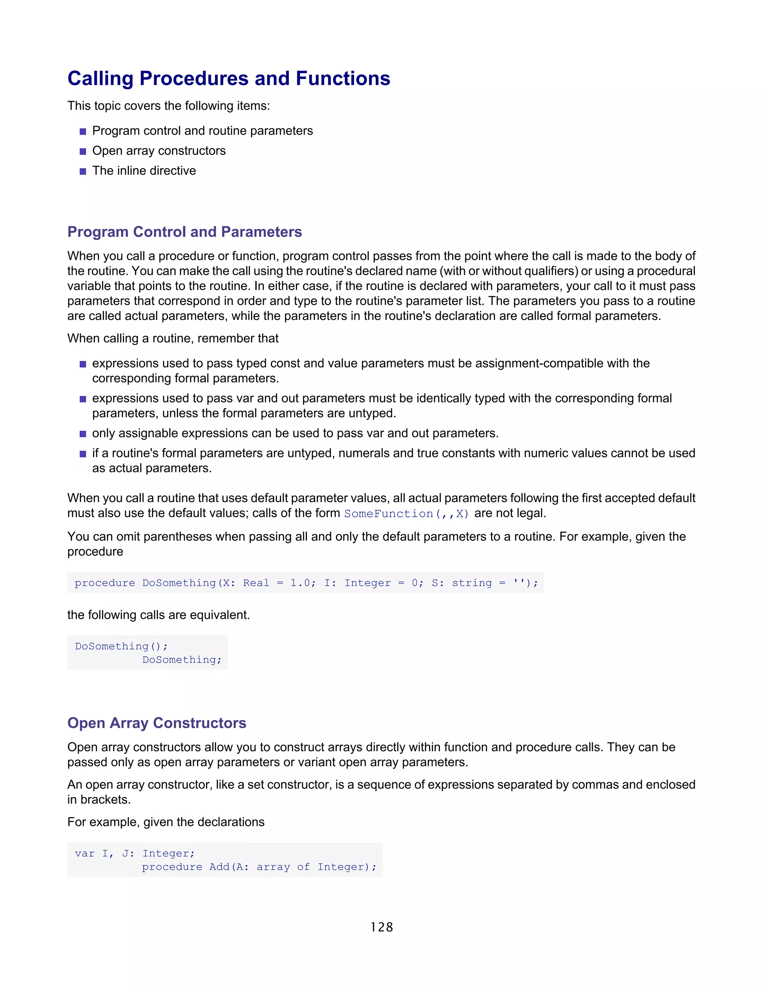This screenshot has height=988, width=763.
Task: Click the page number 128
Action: [x=381, y=927]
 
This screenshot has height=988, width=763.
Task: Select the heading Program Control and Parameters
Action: [x=184, y=232]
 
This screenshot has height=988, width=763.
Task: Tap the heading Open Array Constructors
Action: [x=156, y=723]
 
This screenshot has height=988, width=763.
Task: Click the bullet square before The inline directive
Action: [x=83, y=172]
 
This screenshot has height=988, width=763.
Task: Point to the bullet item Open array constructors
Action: [x=159, y=151]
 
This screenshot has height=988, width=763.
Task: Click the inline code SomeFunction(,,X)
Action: [x=406, y=513]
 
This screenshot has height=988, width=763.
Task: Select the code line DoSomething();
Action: [x=121, y=646]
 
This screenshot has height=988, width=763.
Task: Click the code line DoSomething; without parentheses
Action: [x=182, y=660]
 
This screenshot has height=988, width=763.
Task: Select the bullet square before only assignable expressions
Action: [x=83, y=434]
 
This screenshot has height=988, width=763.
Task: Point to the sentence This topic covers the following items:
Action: [x=169, y=106]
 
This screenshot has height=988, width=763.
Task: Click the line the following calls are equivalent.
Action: [x=158, y=615]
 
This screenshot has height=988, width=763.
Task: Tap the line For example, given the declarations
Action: [x=166, y=822]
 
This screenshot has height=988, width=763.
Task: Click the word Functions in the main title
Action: [x=343, y=79]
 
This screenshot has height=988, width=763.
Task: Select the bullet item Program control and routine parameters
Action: [x=203, y=131]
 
